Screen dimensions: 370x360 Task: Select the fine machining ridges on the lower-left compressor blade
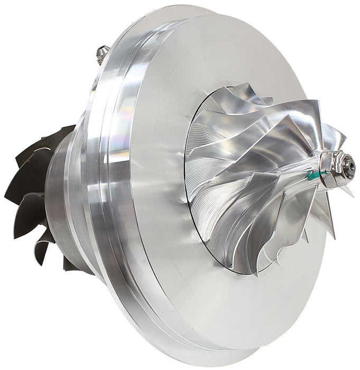tap(222, 222)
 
